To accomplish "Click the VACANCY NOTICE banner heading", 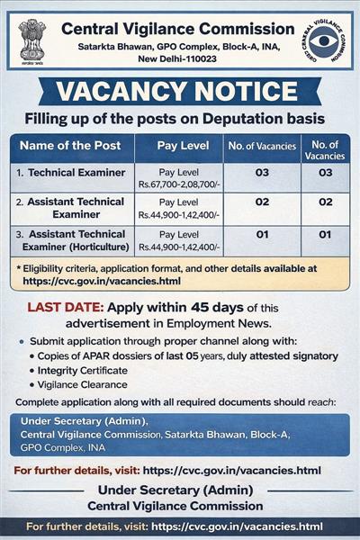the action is (x=180, y=93).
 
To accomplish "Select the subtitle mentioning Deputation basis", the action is (x=180, y=117).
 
